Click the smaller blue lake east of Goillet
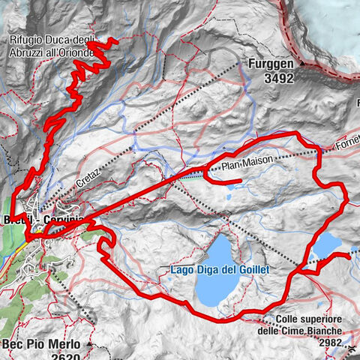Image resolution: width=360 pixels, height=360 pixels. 325,245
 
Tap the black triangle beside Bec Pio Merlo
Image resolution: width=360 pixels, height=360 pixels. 89,344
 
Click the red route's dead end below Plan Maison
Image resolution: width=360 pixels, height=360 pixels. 239,181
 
